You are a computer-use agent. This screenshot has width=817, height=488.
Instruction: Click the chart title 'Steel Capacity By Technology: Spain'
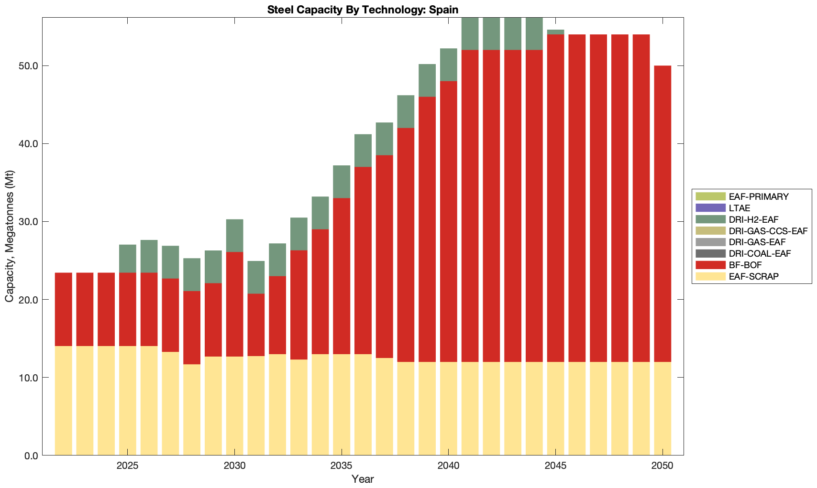coord(363,10)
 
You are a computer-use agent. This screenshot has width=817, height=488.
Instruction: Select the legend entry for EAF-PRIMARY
coord(759,196)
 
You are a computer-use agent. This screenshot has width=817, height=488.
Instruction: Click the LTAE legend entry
coord(740,208)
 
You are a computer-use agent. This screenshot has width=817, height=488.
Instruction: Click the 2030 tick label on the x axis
coord(234,466)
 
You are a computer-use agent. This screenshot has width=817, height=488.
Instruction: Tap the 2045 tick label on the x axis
coord(555,466)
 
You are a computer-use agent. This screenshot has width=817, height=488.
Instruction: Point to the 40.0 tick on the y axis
coord(28,144)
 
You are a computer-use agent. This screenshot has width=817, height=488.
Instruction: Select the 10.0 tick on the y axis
coord(28,378)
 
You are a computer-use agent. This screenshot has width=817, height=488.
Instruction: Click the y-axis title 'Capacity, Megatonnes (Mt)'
coord(10,237)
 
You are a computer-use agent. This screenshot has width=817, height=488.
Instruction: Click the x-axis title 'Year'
coord(363,479)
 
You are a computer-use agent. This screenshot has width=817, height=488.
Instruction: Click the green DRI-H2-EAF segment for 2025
coord(128,259)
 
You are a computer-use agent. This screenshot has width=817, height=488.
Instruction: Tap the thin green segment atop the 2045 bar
coord(555,32)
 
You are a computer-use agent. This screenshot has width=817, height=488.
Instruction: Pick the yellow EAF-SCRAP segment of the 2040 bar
coord(449,409)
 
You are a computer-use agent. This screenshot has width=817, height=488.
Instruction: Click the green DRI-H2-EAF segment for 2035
coord(342,182)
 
